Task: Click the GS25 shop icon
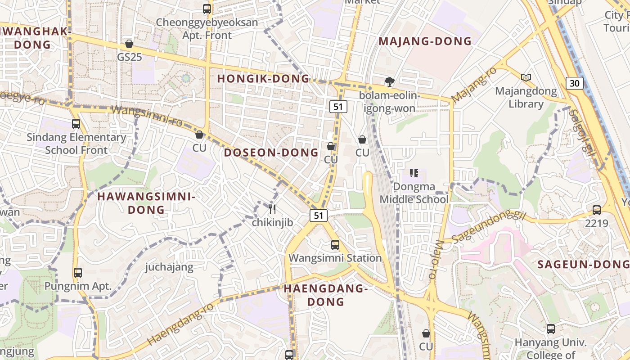click(129, 44)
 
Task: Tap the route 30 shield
click(575, 83)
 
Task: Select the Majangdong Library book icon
click(526, 77)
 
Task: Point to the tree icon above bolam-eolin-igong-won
click(389, 81)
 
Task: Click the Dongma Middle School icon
click(414, 173)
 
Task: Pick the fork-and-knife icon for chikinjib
click(272, 209)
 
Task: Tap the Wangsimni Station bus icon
click(335, 245)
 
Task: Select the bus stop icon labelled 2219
click(597, 210)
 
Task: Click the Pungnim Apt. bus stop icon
click(78, 273)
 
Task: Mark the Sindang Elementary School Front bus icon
click(76, 124)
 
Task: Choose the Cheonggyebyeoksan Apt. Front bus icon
click(207, 9)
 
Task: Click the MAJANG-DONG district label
click(425, 41)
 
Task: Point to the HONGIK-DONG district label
click(264, 79)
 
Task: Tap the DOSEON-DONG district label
click(271, 153)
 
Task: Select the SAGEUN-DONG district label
click(583, 265)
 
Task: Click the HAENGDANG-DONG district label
click(326, 295)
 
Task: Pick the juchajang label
click(169, 267)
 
